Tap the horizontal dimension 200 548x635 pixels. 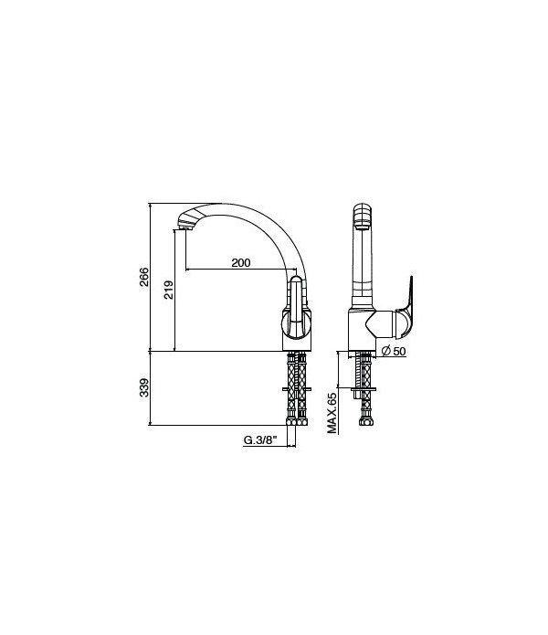tap(240, 263)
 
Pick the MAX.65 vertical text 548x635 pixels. tap(333, 412)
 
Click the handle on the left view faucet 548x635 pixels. tap(295, 302)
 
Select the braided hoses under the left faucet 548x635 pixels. tap(298, 384)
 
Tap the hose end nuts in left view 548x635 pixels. tap(298, 421)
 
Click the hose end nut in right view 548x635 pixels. tap(365, 421)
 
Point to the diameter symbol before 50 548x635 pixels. tap(386, 352)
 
